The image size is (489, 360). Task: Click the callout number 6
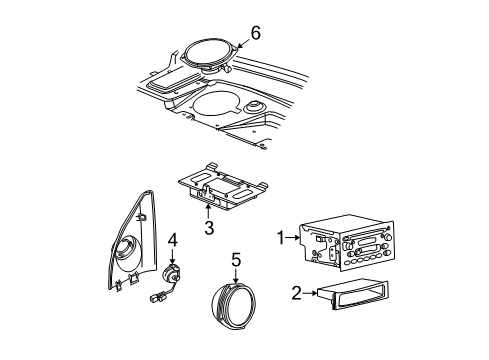pyautogui.click(x=255, y=34)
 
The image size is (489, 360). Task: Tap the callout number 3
pyautogui.click(x=209, y=229)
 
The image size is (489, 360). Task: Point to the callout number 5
pyautogui.click(x=236, y=259)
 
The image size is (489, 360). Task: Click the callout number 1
pyautogui.click(x=282, y=239)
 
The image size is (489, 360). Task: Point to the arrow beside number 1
pyautogui.click(x=296, y=239)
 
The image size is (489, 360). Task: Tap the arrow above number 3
pyautogui.click(x=209, y=210)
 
